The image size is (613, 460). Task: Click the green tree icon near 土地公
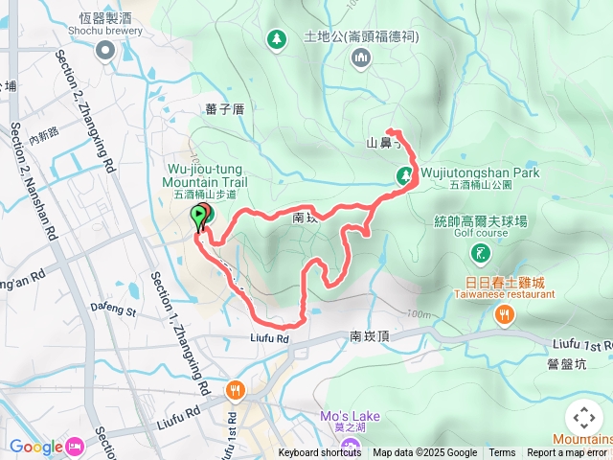click(x=276, y=38)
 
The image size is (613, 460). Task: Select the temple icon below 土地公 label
click(x=361, y=59)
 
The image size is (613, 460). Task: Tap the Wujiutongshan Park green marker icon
click(x=405, y=174)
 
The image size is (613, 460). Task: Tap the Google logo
click(x=36, y=446)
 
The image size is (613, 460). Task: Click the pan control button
click(x=583, y=419)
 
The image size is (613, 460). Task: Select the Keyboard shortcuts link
click(x=320, y=453)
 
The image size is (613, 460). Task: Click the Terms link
click(x=502, y=453)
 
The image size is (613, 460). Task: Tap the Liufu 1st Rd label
click(x=582, y=345)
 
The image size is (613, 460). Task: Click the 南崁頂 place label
click(x=369, y=336)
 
